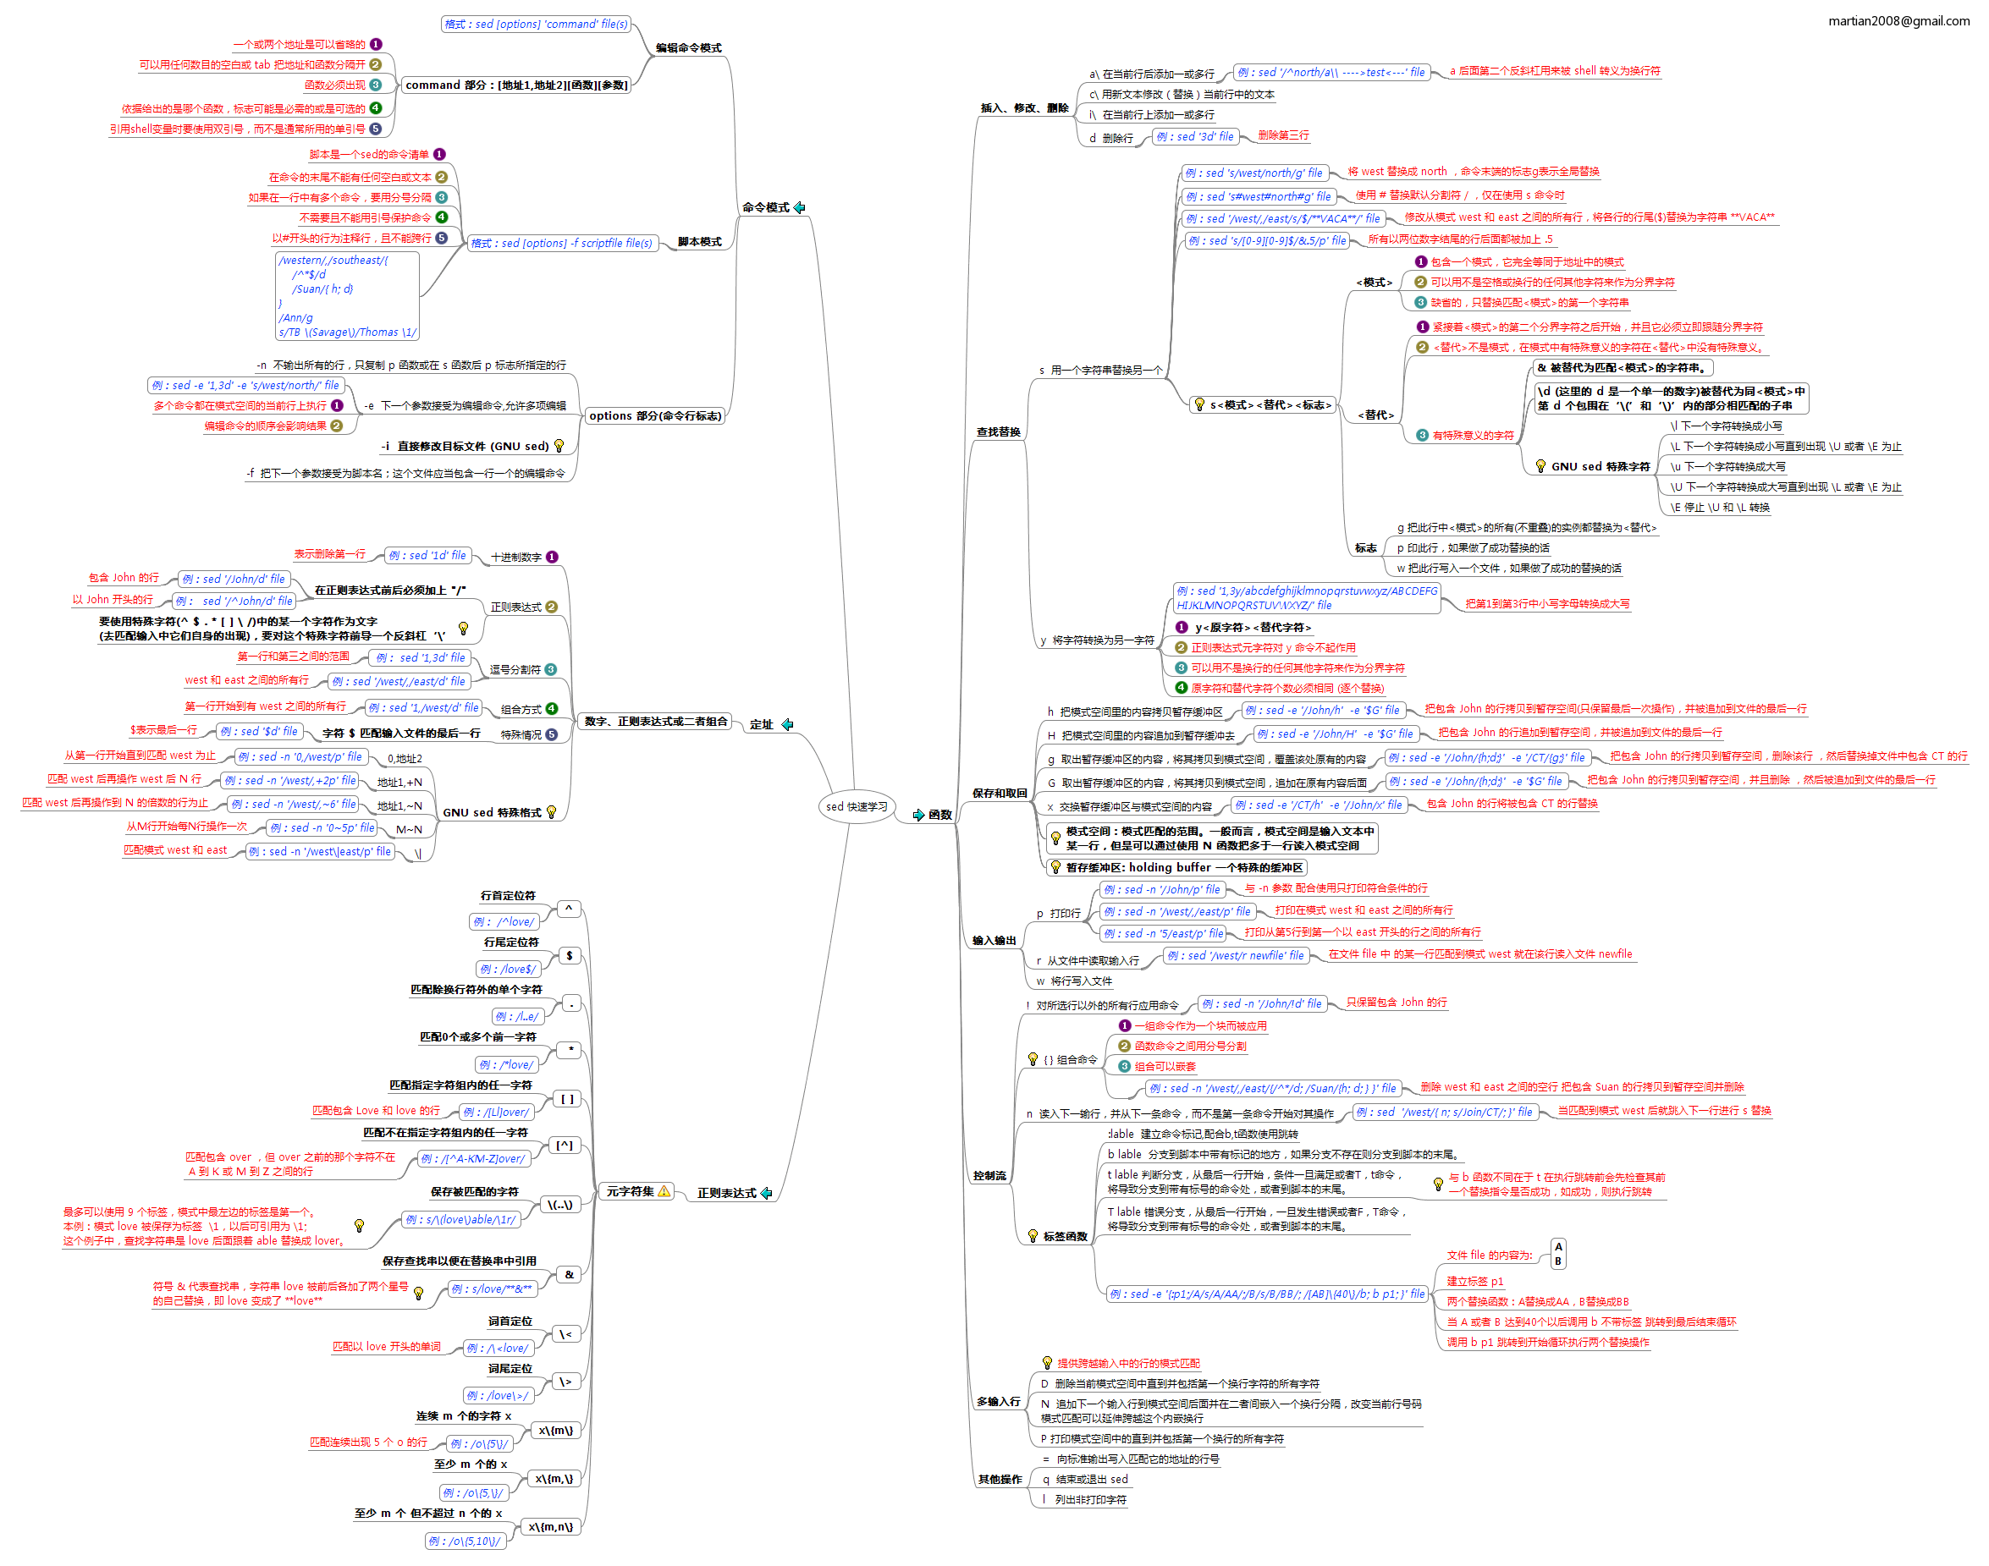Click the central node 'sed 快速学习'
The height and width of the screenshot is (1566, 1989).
[x=856, y=807]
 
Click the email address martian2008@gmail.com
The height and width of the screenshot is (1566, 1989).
[x=1898, y=21]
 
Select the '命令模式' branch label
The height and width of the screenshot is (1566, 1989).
[x=765, y=208]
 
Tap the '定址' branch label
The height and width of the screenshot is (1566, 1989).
[x=761, y=724]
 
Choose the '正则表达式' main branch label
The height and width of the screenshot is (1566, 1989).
[x=726, y=1193]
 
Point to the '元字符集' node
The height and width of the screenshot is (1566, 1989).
[x=630, y=1191]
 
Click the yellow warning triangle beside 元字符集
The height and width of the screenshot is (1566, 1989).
[x=664, y=1191]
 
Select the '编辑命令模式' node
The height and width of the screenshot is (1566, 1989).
[x=688, y=47]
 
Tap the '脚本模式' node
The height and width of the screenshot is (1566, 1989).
[x=700, y=242]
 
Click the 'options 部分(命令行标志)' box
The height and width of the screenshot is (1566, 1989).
[x=655, y=416]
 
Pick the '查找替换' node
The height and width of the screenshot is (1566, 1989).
[x=998, y=431]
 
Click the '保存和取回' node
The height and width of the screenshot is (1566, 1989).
[x=999, y=793]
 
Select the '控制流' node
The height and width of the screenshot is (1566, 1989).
[x=989, y=1175]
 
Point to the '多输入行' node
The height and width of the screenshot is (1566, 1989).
[x=998, y=1401]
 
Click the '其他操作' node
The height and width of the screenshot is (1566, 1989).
[x=999, y=1479]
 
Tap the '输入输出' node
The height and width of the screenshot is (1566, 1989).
[x=994, y=940]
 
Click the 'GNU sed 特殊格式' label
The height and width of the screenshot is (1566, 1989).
[x=492, y=812]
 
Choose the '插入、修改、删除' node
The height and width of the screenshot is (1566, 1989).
[x=1024, y=108]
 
